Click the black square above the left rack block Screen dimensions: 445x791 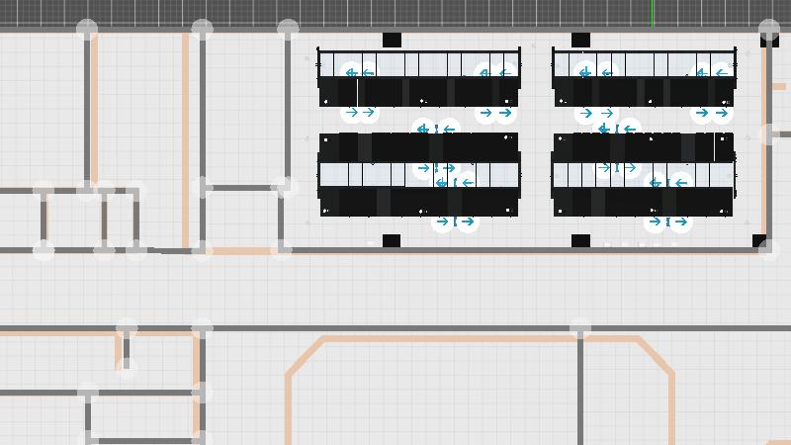click(x=392, y=41)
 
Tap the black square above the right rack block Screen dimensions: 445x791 click(x=580, y=41)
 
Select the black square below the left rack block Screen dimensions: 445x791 click(x=391, y=241)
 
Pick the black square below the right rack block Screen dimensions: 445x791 click(x=580, y=241)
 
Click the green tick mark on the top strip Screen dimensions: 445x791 click(x=652, y=13)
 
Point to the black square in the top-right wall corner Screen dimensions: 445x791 click(x=769, y=40)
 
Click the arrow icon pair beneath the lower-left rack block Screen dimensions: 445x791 click(x=455, y=222)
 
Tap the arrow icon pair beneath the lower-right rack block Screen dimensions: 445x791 click(x=667, y=222)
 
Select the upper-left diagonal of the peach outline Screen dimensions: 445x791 click(x=306, y=356)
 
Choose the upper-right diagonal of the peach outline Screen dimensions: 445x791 click(x=657, y=356)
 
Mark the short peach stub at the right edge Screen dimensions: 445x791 click(x=779, y=87)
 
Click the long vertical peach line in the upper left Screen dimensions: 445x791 click(x=185, y=138)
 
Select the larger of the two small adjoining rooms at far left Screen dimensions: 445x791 click(x=74, y=220)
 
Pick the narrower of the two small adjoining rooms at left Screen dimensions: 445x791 click(x=120, y=220)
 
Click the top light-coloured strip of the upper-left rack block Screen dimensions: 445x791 click(x=419, y=64)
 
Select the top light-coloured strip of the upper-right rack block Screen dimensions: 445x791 click(x=644, y=64)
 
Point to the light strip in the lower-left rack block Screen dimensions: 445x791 click(x=419, y=175)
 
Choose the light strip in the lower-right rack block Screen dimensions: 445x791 click(x=644, y=175)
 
